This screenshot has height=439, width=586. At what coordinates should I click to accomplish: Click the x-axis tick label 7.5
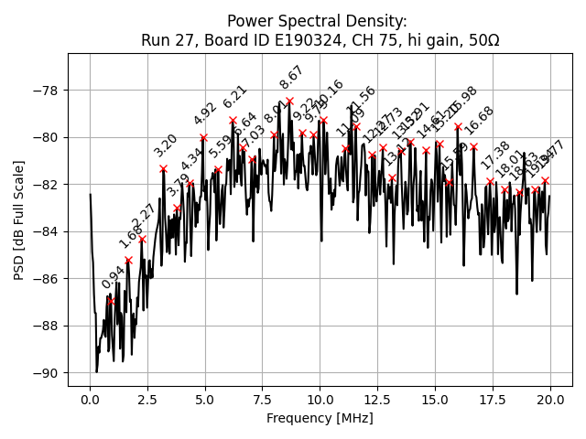pyautogui.click(x=263, y=400)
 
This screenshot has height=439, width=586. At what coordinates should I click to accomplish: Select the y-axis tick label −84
pyautogui.click(x=46, y=231)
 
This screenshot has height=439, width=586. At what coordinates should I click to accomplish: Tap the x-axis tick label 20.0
pyautogui.click(x=550, y=400)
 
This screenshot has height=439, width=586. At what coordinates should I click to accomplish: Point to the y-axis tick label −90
pyautogui.click(x=46, y=373)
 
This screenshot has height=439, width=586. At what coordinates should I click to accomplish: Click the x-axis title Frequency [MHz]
pyautogui.click(x=320, y=418)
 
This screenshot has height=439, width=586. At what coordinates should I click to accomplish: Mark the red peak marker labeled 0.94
pyautogui.click(x=112, y=301)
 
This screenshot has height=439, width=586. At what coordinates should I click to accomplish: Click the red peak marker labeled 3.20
pyautogui.click(x=164, y=168)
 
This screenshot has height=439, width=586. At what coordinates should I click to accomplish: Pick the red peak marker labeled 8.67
pyautogui.click(x=289, y=102)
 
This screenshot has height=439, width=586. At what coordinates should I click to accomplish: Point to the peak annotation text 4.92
pyautogui.click(x=205, y=114)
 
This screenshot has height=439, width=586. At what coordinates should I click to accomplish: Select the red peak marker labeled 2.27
pyautogui.click(x=142, y=240)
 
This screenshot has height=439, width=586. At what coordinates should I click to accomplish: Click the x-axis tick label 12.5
pyautogui.click(x=377, y=400)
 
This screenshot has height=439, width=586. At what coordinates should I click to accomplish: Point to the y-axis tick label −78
pyautogui.click(x=46, y=91)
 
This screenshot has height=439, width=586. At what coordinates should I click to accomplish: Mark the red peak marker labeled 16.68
pyautogui.click(x=473, y=146)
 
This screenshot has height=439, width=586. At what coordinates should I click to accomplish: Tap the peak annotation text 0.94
pyautogui.click(x=114, y=277)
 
